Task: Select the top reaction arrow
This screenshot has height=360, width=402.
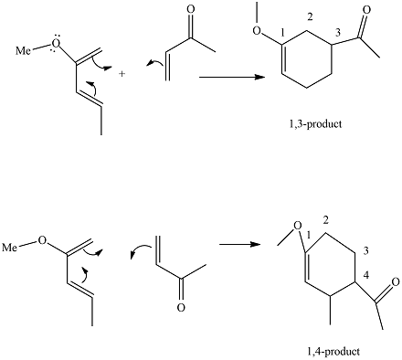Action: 228,78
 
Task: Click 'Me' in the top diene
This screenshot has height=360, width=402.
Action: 23,48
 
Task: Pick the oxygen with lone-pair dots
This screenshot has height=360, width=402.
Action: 53,42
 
